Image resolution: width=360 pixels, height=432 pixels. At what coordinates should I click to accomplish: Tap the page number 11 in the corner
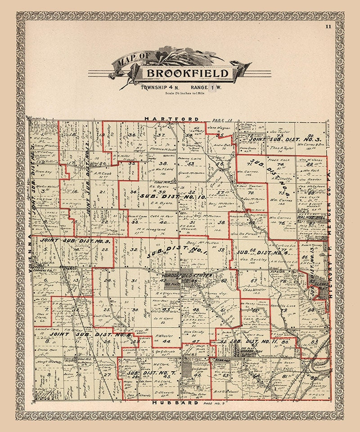(328, 27)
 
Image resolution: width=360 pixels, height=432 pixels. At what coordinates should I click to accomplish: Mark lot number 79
(284, 310)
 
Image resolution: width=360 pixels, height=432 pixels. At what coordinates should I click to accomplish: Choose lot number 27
(107, 374)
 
